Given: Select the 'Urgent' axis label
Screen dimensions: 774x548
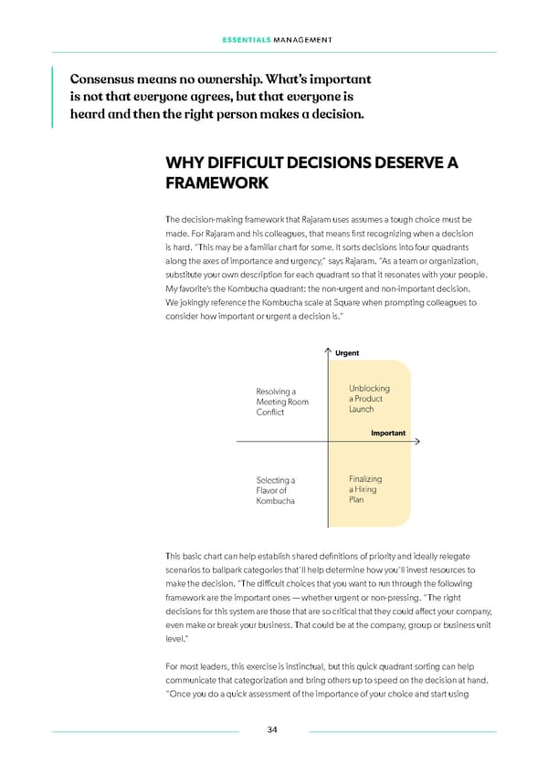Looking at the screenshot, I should click(347, 353).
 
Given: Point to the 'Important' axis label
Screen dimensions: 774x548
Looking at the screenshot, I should click(388, 433).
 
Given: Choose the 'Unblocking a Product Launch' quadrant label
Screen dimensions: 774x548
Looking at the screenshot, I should click(369, 399).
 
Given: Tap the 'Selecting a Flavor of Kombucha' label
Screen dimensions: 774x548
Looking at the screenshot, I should click(276, 491).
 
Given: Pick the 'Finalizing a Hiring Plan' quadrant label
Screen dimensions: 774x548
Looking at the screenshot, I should click(365, 489).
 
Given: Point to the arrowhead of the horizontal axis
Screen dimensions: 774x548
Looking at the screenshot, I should click(416, 442).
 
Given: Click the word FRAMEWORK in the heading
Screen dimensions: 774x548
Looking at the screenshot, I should click(217, 183).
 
